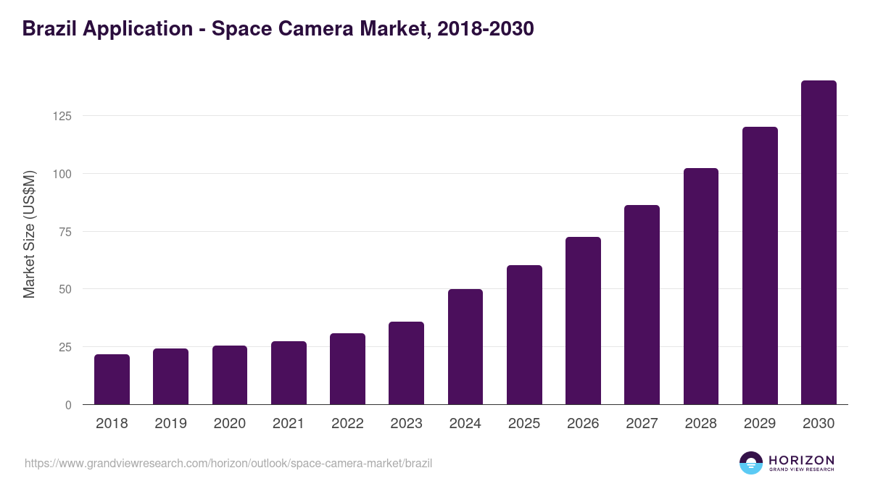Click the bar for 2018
point(112,380)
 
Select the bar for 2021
point(289,373)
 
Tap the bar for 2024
point(465,347)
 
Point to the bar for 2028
point(700,287)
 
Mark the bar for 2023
point(406,363)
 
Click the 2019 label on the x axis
point(171,424)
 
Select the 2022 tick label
point(347,424)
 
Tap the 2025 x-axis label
point(524,424)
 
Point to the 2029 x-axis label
point(760,424)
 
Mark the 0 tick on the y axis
point(68,405)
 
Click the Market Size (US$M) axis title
point(29,234)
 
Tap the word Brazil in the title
point(50,29)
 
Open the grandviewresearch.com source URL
point(228,463)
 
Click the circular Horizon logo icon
point(751,463)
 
